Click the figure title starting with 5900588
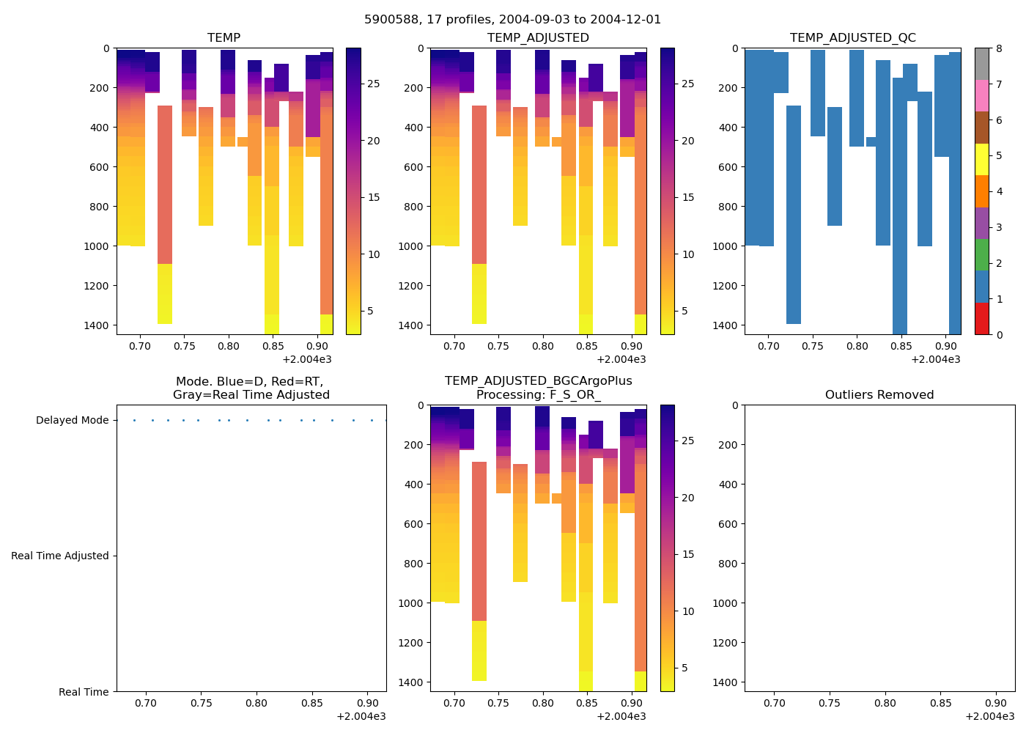[x=512, y=20]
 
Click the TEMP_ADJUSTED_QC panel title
[x=852, y=37]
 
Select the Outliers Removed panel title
[x=879, y=394]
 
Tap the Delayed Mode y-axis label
[x=72, y=420]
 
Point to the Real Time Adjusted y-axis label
[x=59, y=556]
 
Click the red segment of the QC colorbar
[x=982, y=319]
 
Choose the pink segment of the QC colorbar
[x=982, y=95]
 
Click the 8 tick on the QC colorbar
[x=999, y=48]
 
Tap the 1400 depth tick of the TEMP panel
[x=97, y=325]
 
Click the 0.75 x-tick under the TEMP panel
[x=184, y=346]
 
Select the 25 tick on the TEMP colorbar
[x=373, y=84]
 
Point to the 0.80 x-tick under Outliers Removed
[x=885, y=703]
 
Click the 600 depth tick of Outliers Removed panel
[x=726, y=523]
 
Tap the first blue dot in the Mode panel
[x=134, y=420]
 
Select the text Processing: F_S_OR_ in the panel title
[x=538, y=394]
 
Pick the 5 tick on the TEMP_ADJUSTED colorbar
[x=687, y=311]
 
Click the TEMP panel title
[x=224, y=37]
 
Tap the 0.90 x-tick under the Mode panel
[x=367, y=703]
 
